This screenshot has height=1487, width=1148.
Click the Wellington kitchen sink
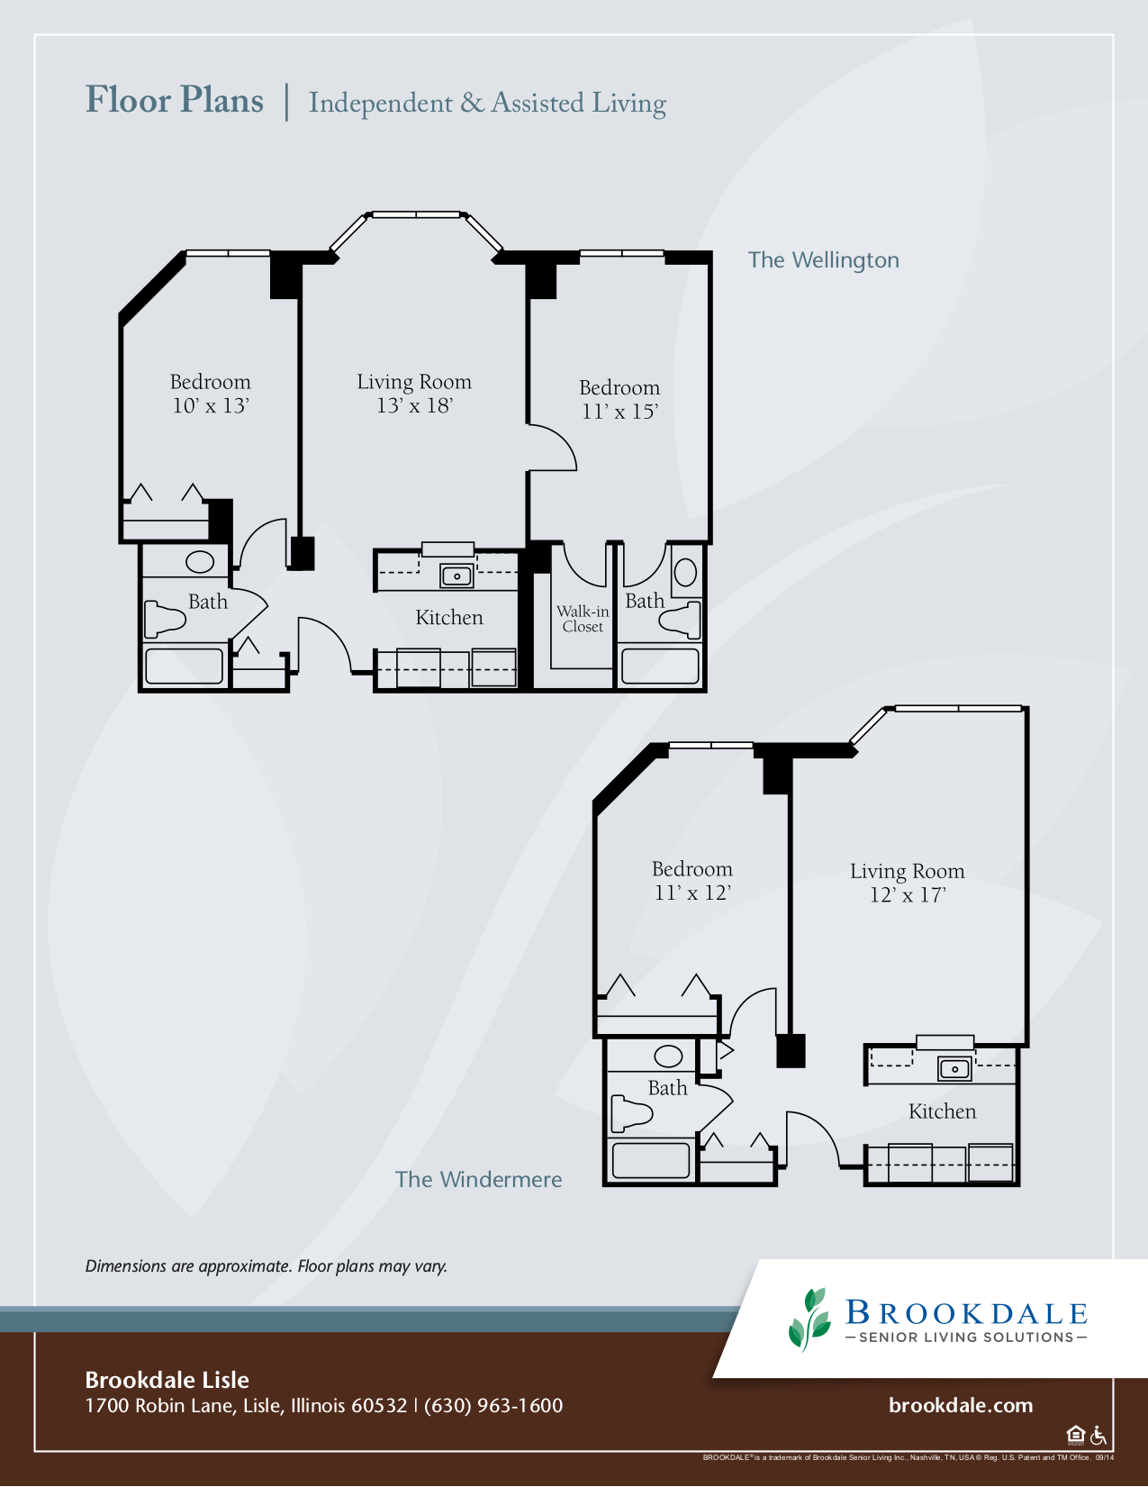click(x=456, y=576)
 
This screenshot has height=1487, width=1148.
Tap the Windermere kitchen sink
click(x=954, y=1068)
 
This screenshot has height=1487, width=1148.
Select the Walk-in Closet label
click(x=583, y=619)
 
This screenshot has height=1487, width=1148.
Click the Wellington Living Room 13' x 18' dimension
click(x=414, y=405)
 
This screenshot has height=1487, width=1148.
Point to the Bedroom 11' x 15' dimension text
click(x=619, y=412)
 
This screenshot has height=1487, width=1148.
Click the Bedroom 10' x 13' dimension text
click(x=210, y=405)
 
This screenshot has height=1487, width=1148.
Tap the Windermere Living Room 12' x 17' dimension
click(x=908, y=894)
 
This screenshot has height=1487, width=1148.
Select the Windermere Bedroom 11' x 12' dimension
click(x=692, y=893)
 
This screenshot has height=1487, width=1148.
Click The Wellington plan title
click(x=823, y=260)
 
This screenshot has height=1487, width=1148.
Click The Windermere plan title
click(x=478, y=1179)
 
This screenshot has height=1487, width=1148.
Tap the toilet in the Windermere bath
click(x=631, y=1113)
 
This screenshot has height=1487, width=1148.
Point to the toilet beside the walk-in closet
click(x=681, y=620)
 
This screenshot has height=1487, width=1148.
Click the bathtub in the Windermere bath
click(x=651, y=1161)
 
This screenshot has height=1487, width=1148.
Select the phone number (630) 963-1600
click(x=493, y=1406)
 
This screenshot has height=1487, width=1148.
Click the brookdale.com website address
click(x=961, y=1405)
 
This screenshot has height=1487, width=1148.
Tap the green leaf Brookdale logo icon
click(x=809, y=1320)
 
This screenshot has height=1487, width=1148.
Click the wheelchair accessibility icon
click(x=1098, y=1434)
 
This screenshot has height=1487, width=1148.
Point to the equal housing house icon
click(x=1076, y=1434)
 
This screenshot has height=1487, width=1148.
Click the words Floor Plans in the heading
click(x=175, y=101)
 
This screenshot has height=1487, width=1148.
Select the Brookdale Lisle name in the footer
click(x=167, y=1380)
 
